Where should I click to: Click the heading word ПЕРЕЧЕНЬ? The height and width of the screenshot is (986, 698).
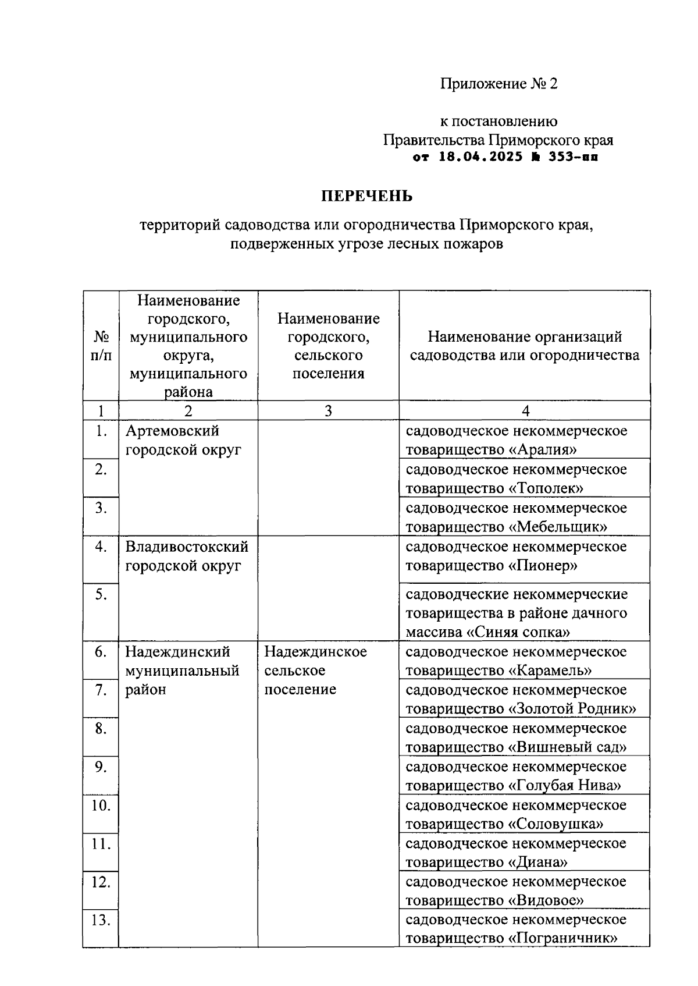367,196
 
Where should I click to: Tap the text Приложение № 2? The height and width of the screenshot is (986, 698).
498,84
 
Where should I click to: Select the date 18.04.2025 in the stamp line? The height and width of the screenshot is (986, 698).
480,157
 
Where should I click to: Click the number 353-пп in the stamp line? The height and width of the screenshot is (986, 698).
574,157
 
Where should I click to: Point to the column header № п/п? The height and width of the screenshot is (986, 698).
101,346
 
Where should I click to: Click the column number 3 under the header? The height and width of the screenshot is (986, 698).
328,411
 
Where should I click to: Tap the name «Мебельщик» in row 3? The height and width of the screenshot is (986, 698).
558,527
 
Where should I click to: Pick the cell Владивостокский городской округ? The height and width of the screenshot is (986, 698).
187,556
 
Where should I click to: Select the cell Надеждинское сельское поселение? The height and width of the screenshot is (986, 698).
315,670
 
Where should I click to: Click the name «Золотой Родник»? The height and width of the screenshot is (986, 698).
572,708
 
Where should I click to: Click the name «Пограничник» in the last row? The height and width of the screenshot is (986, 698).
562,938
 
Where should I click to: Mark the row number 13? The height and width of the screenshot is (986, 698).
101,920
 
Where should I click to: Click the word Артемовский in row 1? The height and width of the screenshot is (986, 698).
172,431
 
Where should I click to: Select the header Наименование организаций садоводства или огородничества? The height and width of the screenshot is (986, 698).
525,346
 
